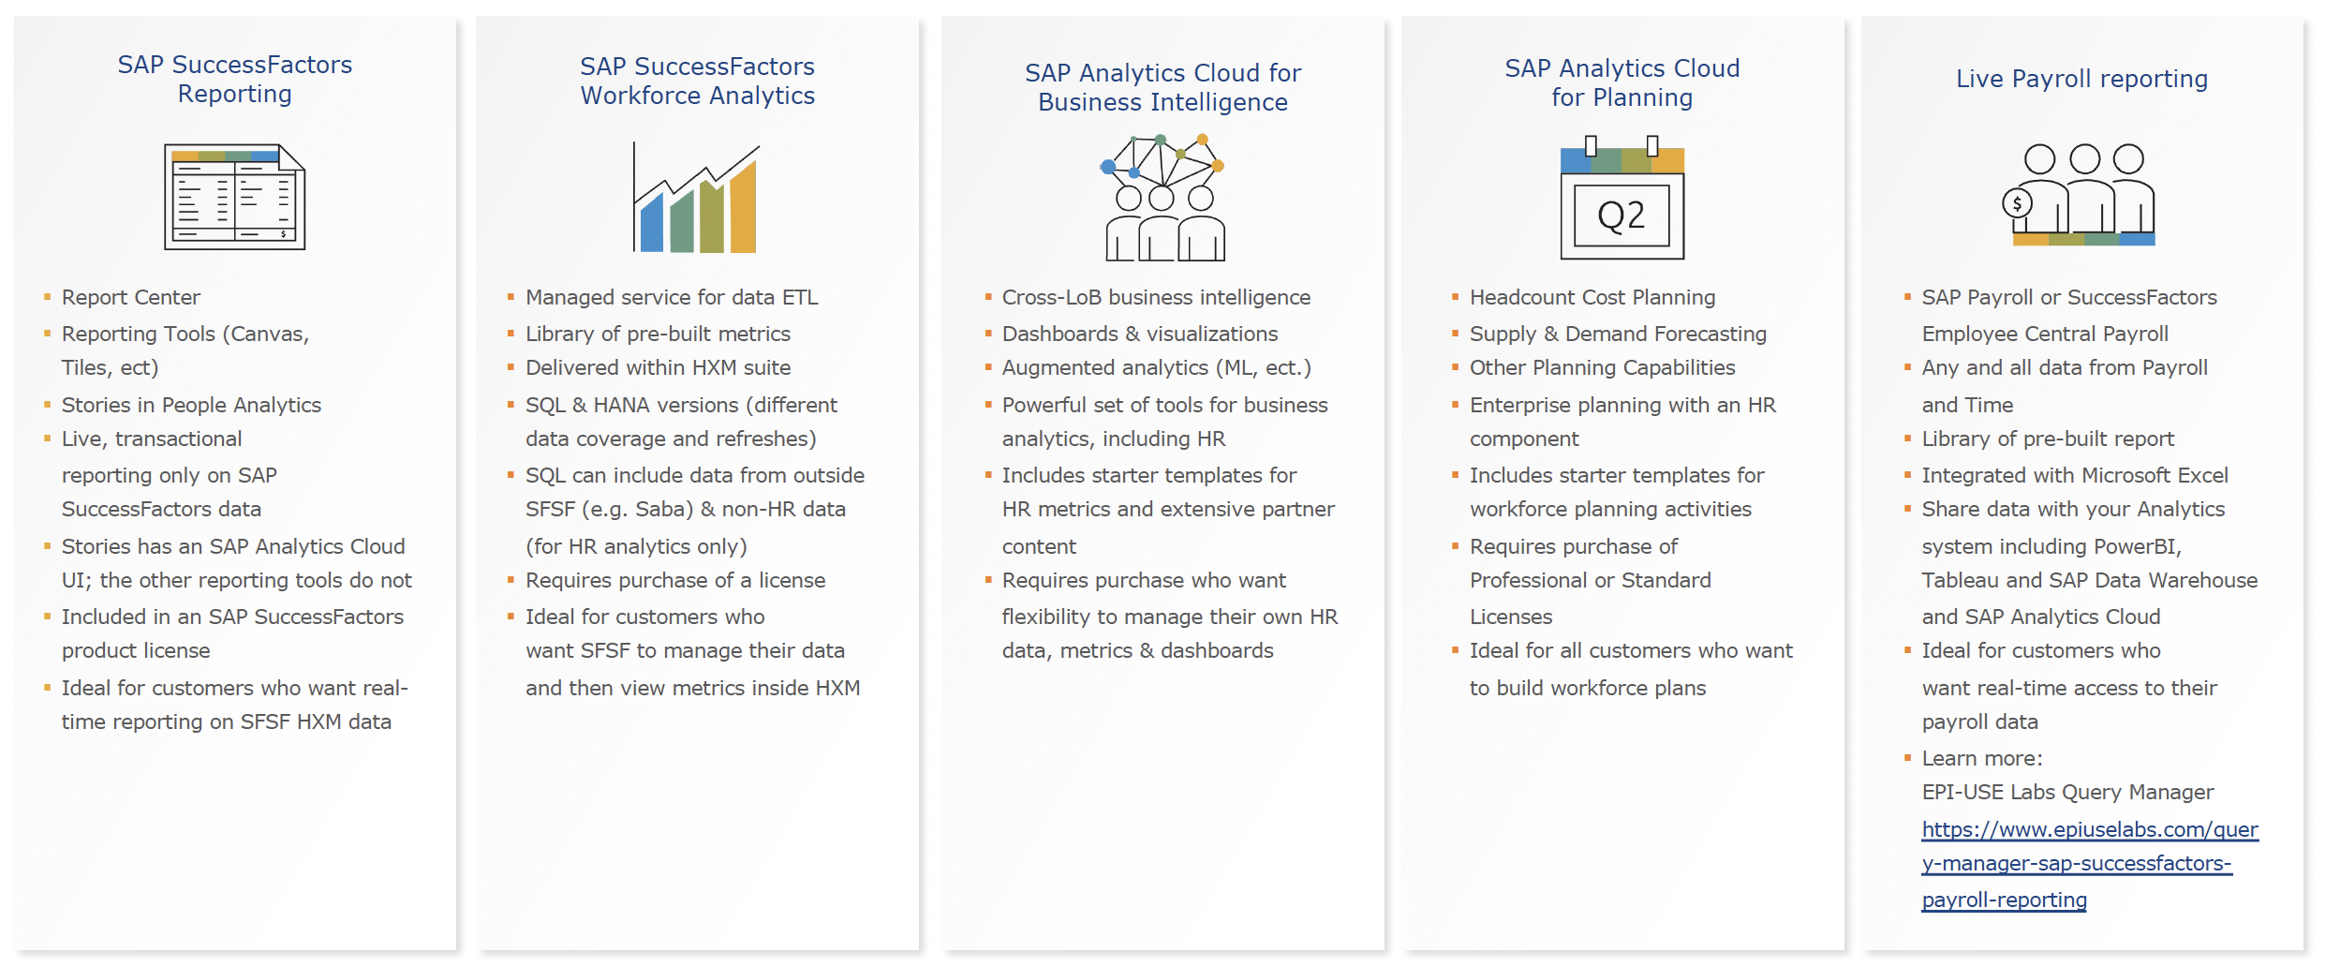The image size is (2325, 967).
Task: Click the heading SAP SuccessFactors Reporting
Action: click(x=234, y=79)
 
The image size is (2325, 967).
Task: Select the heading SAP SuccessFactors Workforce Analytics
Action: click(x=697, y=81)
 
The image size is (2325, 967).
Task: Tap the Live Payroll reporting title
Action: click(x=2081, y=79)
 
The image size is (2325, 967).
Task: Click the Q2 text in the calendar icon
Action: click(x=1622, y=216)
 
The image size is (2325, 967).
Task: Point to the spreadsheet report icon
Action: click(x=234, y=197)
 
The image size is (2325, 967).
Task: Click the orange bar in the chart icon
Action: click(x=743, y=206)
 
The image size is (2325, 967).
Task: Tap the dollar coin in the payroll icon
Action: click(x=2017, y=202)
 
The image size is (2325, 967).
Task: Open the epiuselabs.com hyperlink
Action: click(x=2089, y=864)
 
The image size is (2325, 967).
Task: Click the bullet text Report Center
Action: click(x=131, y=297)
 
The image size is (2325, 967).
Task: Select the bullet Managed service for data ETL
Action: click(x=672, y=297)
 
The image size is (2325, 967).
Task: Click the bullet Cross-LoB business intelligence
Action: click(x=1156, y=297)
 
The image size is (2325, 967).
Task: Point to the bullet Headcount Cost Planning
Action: click(x=1592, y=297)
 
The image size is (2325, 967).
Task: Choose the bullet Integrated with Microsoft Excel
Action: click(x=2075, y=475)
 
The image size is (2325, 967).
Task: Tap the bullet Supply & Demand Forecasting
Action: click(x=1618, y=334)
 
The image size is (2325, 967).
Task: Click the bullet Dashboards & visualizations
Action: click(x=1140, y=334)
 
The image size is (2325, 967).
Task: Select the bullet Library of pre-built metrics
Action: click(x=658, y=334)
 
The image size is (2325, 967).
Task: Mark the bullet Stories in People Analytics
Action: click(x=191, y=405)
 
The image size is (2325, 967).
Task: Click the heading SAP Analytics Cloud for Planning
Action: click(x=1622, y=82)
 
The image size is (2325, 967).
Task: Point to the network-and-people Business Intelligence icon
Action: click(x=1162, y=198)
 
